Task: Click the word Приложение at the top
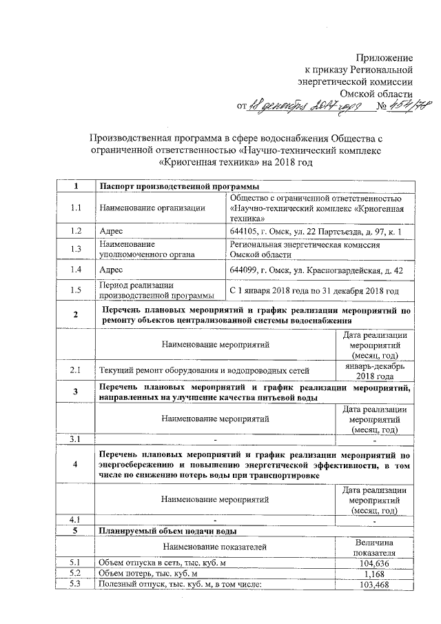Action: [384, 57]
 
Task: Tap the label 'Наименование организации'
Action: [152, 207]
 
